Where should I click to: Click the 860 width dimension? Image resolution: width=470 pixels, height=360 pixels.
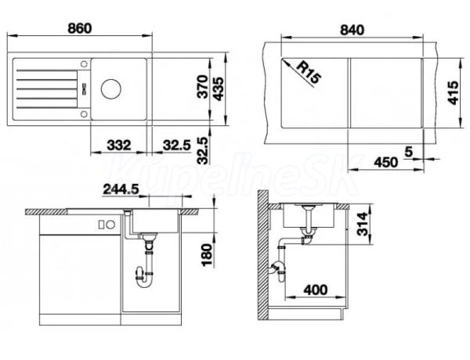click(79, 28)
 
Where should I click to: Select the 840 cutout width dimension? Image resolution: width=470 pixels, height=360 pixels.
click(352, 30)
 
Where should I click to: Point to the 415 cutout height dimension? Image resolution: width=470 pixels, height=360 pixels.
click(453, 92)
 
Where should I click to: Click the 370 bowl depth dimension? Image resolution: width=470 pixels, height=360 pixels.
click(203, 87)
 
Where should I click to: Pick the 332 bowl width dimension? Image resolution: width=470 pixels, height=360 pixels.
click(119, 146)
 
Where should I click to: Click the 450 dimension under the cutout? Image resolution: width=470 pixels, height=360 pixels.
click(386, 162)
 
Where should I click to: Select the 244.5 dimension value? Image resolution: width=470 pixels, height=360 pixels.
click(121, 189)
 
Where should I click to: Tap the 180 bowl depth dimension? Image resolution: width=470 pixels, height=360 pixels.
click(207, 255)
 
